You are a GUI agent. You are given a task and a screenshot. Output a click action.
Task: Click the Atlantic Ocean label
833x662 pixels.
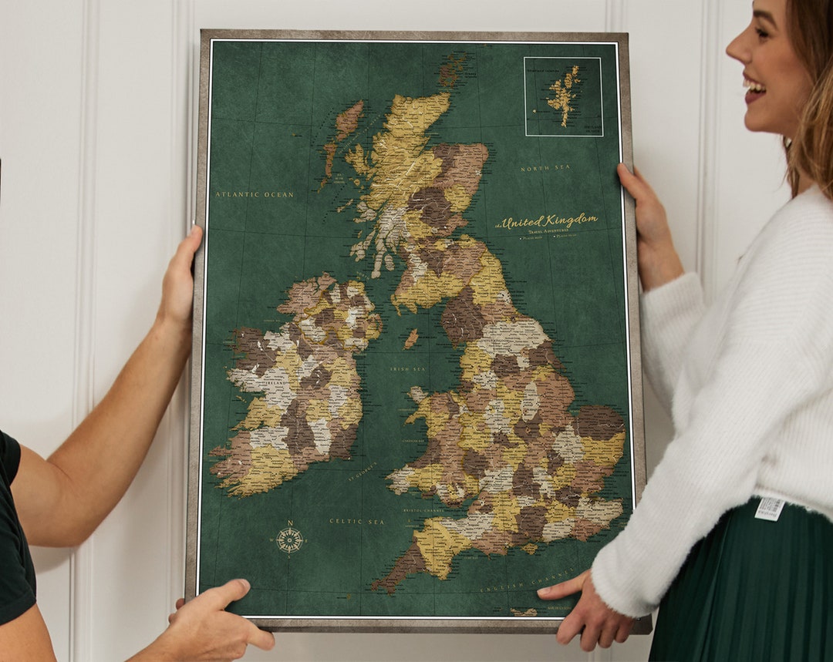coord(255,195)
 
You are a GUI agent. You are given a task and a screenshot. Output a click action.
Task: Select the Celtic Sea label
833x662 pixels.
coord(357,522)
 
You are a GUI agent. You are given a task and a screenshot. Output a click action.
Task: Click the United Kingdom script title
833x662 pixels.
coord(548,220)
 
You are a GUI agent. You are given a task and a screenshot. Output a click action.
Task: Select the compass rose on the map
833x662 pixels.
coord(289,539)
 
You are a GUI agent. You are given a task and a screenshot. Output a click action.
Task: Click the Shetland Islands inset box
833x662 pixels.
coord(563,96)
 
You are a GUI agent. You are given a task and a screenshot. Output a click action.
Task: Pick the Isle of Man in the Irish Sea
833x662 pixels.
coord(411,338)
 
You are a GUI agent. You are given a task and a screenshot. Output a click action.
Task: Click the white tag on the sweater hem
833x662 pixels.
coord(769,509)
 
